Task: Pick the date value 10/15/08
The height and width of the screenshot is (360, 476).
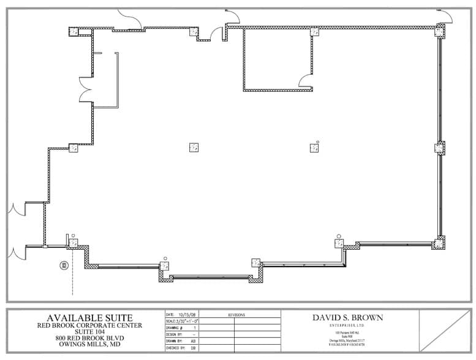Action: point(187,314)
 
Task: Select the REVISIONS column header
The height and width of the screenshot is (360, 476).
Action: point(236,315)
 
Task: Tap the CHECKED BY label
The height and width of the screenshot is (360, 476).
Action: point(176,348)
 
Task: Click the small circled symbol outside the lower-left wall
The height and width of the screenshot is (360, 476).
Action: point(62,265)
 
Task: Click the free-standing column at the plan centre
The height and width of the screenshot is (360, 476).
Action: point(194,147)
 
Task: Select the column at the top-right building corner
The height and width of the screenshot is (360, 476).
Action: point(440,30)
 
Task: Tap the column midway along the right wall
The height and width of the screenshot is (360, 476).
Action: point(440,148)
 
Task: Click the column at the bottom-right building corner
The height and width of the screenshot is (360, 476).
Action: point(439,243)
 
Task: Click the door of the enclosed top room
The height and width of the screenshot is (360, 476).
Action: point(304,80)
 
